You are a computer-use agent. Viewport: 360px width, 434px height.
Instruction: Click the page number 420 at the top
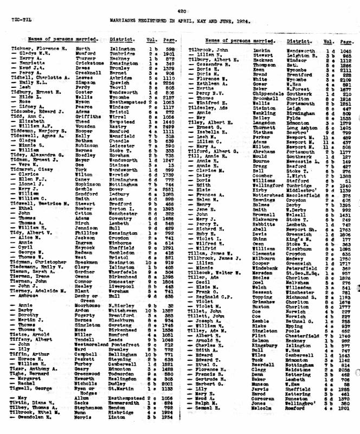click(179, 9)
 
